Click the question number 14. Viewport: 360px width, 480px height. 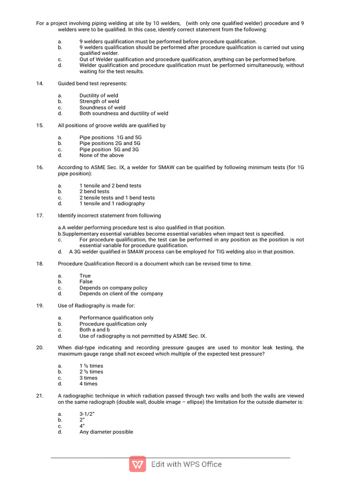pyautogui.click(x=40, y=83)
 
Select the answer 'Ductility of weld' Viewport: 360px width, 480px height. pyautogui.click(x=98, y=96)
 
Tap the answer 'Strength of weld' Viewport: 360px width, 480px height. pyautogui.click(x=99, y=101)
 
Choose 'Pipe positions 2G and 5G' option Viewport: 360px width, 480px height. pyautogui.click(x=110, y=143)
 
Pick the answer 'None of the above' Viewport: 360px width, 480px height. pyautogui.click(x=101, y=156)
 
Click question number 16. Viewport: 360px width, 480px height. pyautogui.click(x=40, y=167)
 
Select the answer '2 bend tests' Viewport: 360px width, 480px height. pyautogui.click(x=94, y=192)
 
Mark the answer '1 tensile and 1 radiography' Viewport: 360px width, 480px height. pyautogui.click(x=112, y=203)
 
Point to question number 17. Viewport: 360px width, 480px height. pyautogui.click(x=40, y=216)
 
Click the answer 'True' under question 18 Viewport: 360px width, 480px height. pyautogui.click(x=85, y=276)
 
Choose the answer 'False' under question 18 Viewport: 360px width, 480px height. pyautogui.click(x=86, y=282)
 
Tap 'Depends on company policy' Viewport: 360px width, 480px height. pyautogui.click(x=113, y=288)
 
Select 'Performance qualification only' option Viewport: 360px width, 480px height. pyautogui.click(x=116, y=318)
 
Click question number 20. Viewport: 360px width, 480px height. pyautogui.click(x=40, y=348)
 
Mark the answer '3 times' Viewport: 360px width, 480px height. pyautogui.click(x=88, y=378)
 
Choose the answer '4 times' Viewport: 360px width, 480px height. pyautogui.click(x=88, y=384)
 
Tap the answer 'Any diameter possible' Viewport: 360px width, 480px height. pyautogui.click(x=106, y=432)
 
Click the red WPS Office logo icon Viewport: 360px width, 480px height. pyautogui.click(x=138, y=465)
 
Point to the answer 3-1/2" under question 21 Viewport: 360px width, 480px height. pyautogui.click(x=87, y=414)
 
